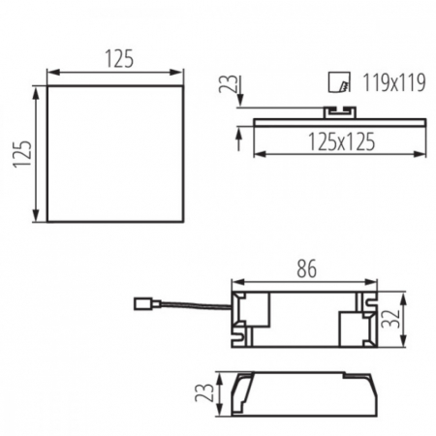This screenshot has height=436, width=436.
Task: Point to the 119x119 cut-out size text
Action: coord(391,83)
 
